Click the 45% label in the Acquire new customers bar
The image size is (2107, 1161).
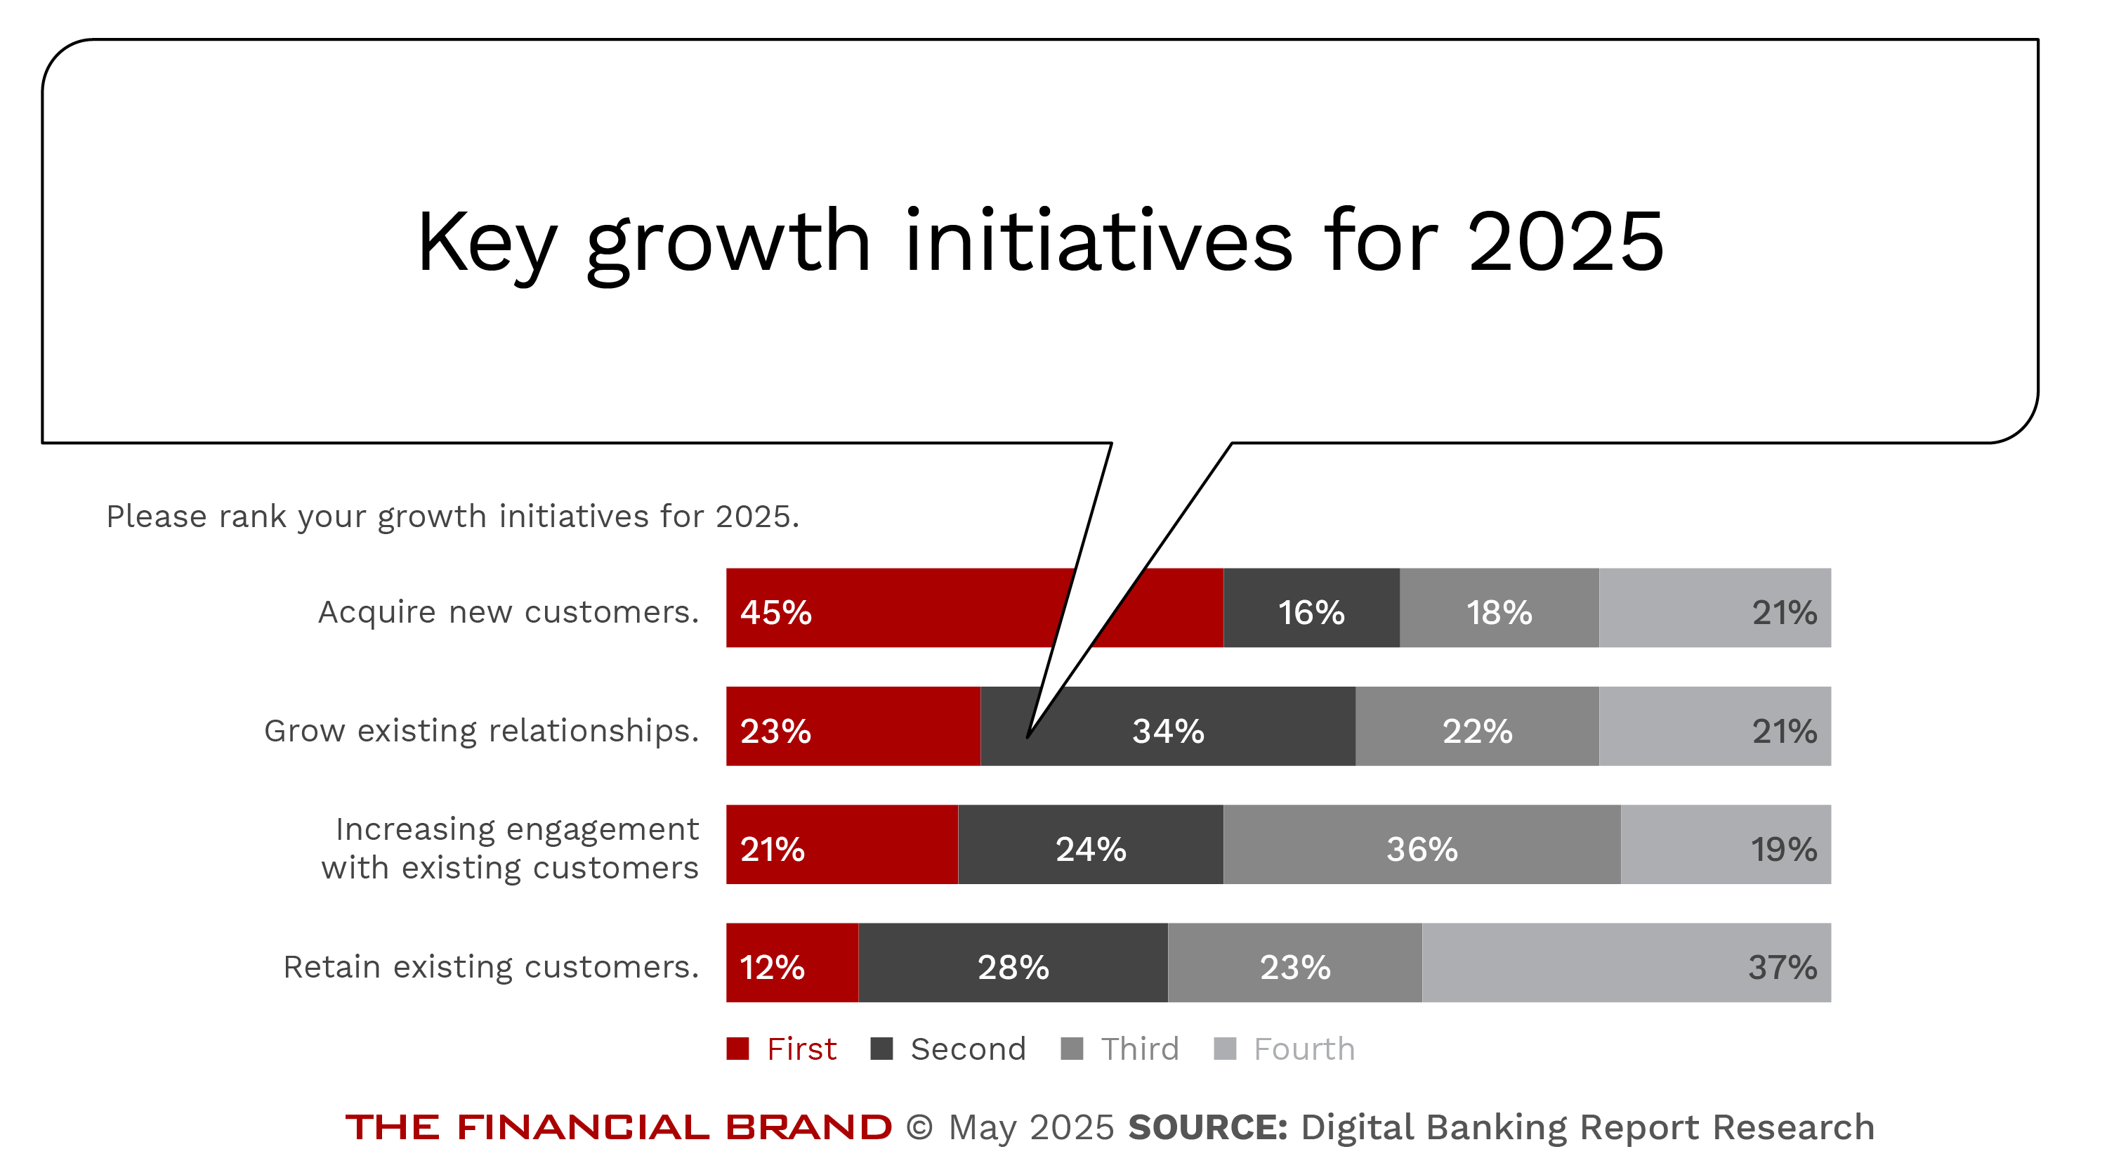775,612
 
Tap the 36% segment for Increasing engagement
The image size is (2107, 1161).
1422,848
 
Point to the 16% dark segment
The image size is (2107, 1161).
1311,612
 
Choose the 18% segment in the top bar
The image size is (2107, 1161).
1499,612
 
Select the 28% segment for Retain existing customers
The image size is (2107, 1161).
1013,966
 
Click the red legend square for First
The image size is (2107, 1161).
737,1048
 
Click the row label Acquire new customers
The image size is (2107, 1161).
508,612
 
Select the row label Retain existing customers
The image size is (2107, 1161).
491,966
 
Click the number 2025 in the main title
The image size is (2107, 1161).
1566,241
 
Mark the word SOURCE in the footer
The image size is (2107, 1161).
1207,1127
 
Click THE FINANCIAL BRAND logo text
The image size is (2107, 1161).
618,1127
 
